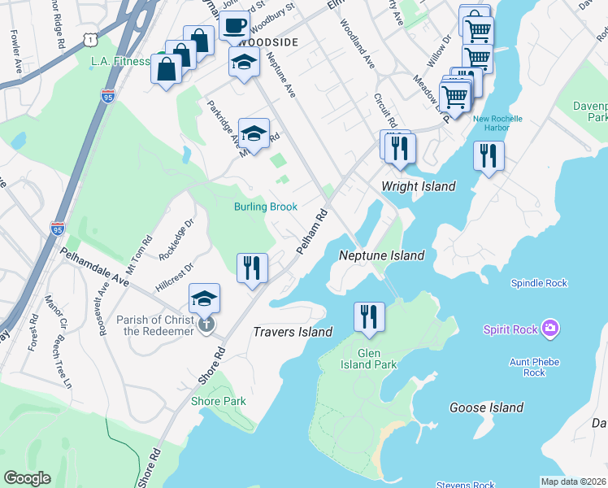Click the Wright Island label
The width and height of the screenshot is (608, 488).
(x=419, y=186)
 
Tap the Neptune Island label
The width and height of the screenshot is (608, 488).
(x=381, y=255)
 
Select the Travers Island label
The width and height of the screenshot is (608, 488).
(x=293, y=332)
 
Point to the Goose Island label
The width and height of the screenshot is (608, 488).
(x=486, y=407)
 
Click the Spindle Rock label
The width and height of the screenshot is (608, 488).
(x=538, y=283)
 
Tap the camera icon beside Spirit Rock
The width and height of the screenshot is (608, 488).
(x=551, y=329)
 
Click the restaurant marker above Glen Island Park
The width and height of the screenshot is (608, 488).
(x=369, y=316)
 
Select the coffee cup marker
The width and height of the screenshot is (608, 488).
(x=234, y=24)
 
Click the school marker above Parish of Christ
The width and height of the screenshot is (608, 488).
(x=205, y=298)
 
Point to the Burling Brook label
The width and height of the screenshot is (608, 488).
(x=266, y=207)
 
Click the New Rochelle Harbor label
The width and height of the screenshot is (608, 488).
(x=498, y=123)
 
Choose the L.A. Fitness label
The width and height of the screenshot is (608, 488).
(x=120, y=61)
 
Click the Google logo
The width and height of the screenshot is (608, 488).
(x=28, y=478)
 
